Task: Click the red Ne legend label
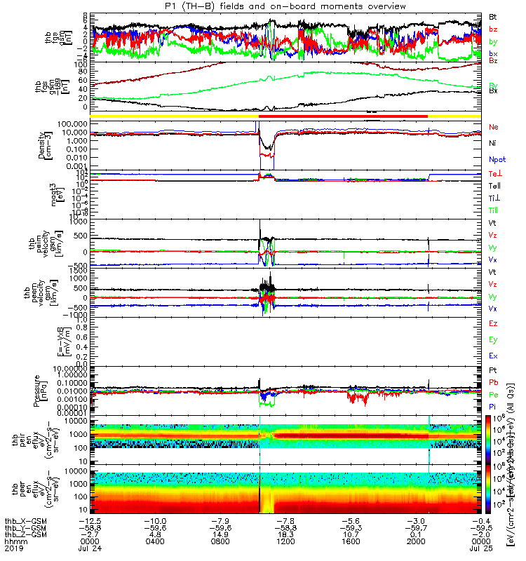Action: click(492, 127)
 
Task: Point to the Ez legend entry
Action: click(492, 323)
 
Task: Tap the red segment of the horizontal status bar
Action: click(344, 115)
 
